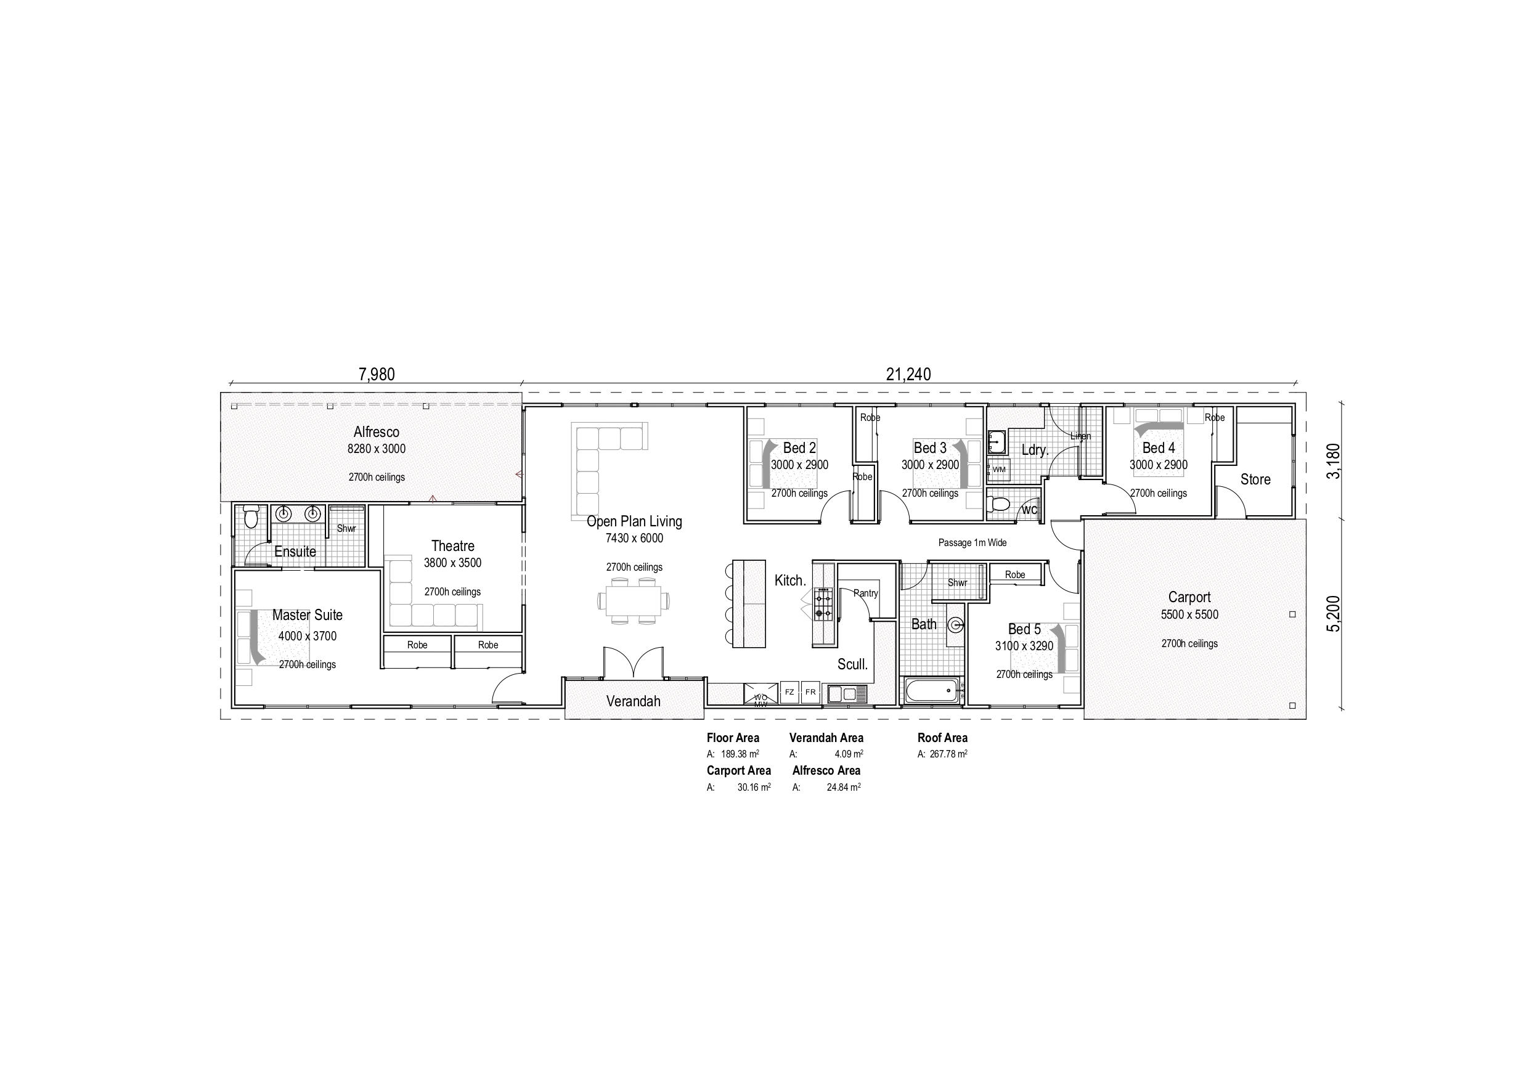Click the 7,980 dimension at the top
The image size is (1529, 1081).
tap(377, 374)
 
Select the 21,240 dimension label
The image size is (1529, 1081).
tap(908, 374)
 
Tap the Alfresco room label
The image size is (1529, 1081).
tap(377, 431)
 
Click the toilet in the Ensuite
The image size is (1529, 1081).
tap(250, 516)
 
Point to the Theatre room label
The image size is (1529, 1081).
tap(452, 546)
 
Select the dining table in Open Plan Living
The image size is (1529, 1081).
tap(633, 602)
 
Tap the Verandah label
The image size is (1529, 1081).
tap(633, 701)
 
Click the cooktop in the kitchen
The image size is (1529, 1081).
tap(824, 603)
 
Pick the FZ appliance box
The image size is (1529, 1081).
tap(789, 693)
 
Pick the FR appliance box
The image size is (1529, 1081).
tap(810, 693)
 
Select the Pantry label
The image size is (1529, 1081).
tap(866, 594)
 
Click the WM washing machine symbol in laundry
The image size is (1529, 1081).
tap(999, 470)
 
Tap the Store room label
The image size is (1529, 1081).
tap(1255, 479)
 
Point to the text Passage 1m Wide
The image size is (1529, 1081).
tap(972, 543)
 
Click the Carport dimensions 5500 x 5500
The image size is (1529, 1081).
tap(1189, 614)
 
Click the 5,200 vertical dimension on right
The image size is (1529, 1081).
tap(1332, 614)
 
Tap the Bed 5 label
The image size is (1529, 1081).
tap(1024, 629)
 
